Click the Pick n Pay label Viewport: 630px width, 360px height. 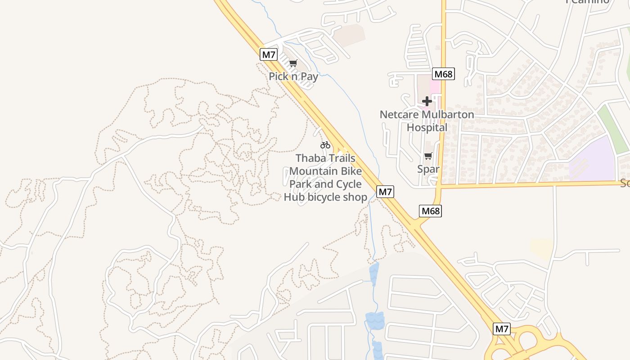[x=293, y=76]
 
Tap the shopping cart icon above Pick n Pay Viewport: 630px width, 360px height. [x=293, y=63]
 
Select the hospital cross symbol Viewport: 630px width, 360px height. [x=427, y=101]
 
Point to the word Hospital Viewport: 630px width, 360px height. [x=427, y=128]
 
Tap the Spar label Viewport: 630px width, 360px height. [x=428, y=169]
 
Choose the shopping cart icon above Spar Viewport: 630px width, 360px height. [x=428, y=156]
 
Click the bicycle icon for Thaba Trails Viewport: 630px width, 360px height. [x=325, y=145]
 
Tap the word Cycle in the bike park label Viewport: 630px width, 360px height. [x=346, y=184]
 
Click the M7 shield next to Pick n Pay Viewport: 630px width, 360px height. [x=269, y=55]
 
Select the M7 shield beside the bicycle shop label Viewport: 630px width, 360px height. [x=385, y=192]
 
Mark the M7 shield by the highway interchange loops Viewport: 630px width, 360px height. [x=502, y=329]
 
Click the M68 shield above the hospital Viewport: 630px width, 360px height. [x=443, y=74]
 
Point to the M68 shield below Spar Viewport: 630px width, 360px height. [x=430, y=211]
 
